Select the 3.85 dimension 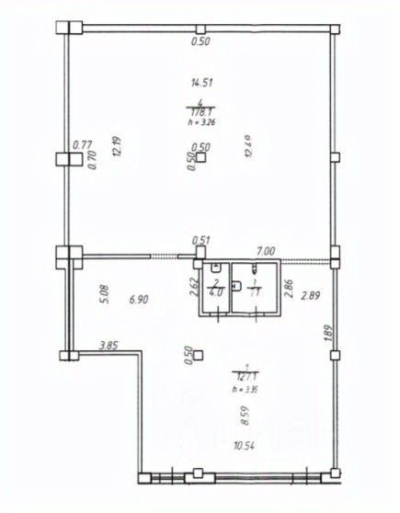coord(111,346)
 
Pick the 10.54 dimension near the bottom coord(245,473)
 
